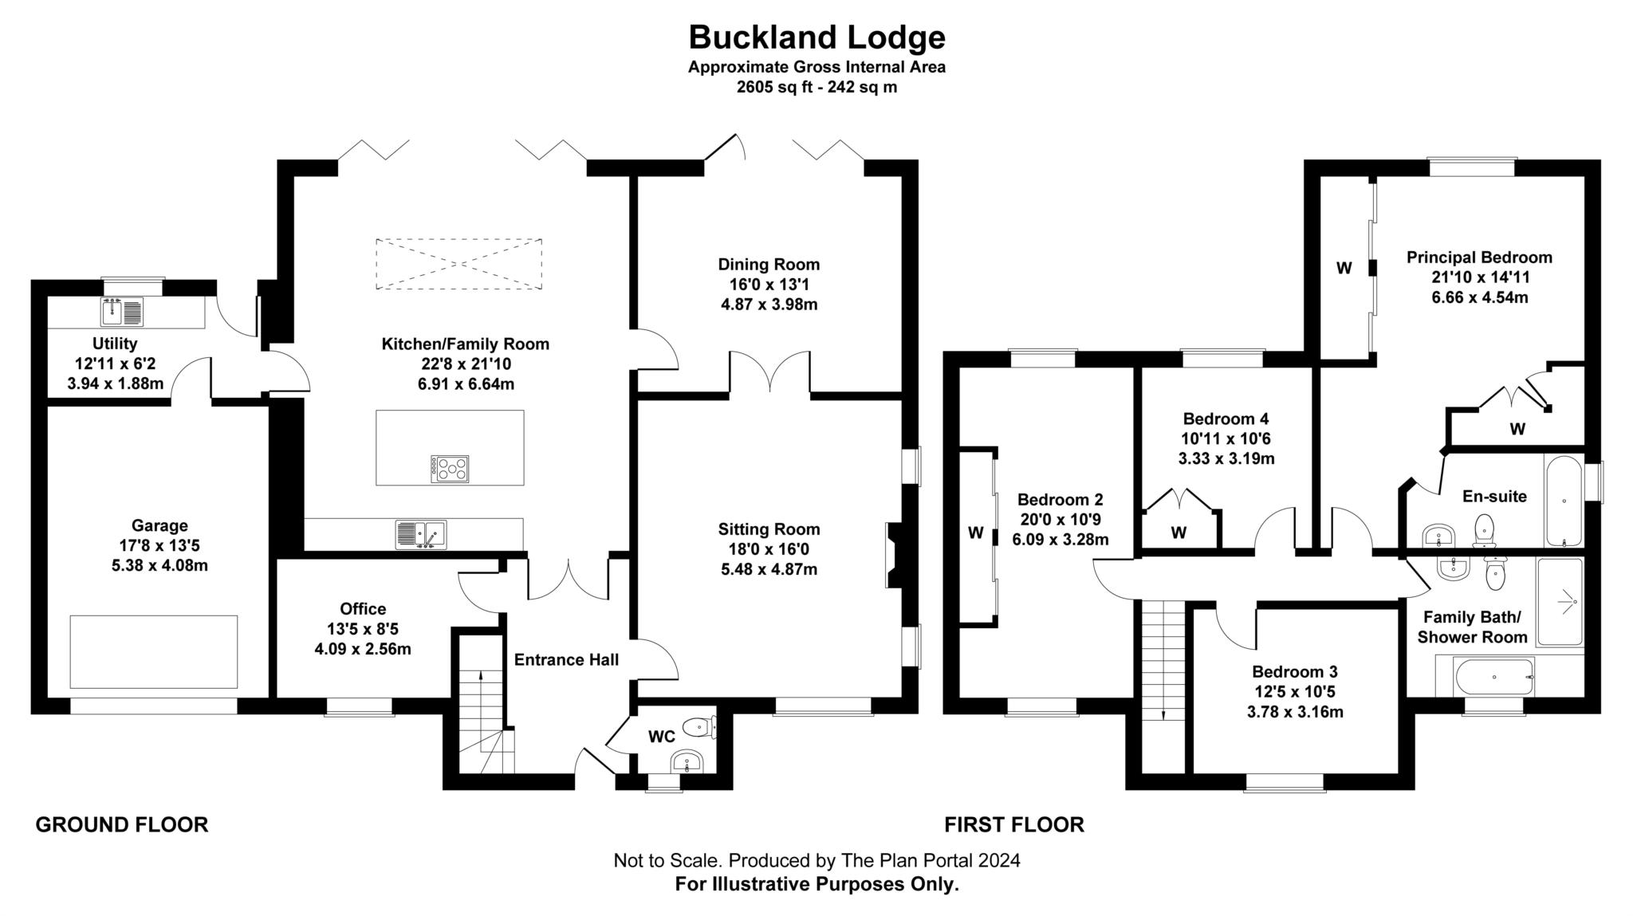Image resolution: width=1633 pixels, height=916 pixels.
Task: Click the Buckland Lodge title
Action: point(816,37)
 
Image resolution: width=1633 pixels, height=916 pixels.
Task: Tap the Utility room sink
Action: point(122,311)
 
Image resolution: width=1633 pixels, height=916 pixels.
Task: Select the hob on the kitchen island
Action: point(450,469)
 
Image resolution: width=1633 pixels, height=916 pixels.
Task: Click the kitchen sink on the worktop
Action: point(421,534)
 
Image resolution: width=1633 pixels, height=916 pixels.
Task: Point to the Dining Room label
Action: point(769,265)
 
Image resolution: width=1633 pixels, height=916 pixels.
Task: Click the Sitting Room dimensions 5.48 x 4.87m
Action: point(769,569)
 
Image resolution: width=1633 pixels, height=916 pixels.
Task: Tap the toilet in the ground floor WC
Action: point(702,726)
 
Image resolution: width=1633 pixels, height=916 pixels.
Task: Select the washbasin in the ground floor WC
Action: point(687,761)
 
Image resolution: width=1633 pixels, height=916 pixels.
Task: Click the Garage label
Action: point(159,525)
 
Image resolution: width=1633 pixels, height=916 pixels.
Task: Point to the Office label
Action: point(363,609)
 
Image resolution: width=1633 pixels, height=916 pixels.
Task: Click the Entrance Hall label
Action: point(566,660)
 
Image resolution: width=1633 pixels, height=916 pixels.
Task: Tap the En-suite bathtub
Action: point(1564,501)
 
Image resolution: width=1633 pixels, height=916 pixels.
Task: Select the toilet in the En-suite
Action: point(1484,530)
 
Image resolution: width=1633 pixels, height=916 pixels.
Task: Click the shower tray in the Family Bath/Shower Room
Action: point(1560,601)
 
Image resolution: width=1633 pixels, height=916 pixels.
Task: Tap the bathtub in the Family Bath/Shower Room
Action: point(1494,677)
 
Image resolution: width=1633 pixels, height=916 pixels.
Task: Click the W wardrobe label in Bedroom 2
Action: point(976,533)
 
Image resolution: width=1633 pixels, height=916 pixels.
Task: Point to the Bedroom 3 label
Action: point(1295,672)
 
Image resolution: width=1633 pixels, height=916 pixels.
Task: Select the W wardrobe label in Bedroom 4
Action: point(1179,533)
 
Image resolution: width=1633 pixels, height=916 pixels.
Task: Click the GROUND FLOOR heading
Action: point(122,825)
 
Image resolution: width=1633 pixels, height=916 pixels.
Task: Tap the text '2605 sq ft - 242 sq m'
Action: point(816,88)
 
